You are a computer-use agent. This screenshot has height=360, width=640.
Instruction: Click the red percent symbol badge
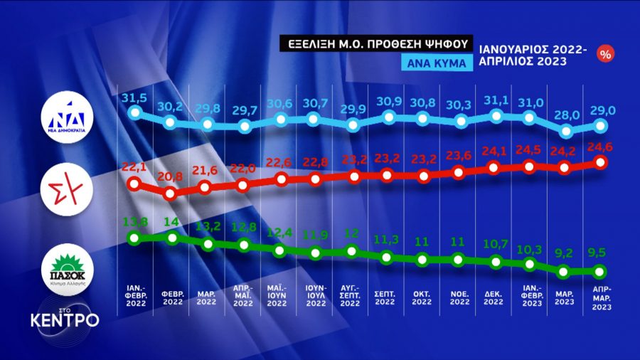coord(607,53)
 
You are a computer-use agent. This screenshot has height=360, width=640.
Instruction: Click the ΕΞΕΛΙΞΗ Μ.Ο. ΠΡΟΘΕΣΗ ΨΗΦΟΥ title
coord(374,43)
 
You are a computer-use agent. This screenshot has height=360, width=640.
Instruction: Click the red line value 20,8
coord(171,176)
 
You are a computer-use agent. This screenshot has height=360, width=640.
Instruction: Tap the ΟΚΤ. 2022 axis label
coord(422,297)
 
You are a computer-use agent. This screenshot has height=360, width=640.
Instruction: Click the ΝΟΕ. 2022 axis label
coord(459,297)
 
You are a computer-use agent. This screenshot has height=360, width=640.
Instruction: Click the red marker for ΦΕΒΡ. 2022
coord(170,194)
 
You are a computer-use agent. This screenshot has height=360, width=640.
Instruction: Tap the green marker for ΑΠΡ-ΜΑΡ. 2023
coord(599,271)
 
